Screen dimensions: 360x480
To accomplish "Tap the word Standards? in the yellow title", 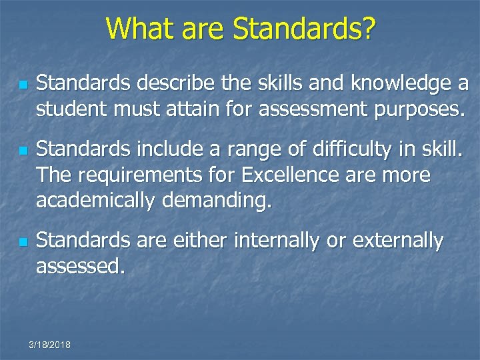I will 303,29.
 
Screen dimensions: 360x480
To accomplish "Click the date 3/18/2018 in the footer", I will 51,345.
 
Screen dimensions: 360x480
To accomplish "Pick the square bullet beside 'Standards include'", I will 22,153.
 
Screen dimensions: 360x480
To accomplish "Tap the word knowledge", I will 383,84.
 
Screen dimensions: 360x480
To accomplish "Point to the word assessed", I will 80,266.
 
